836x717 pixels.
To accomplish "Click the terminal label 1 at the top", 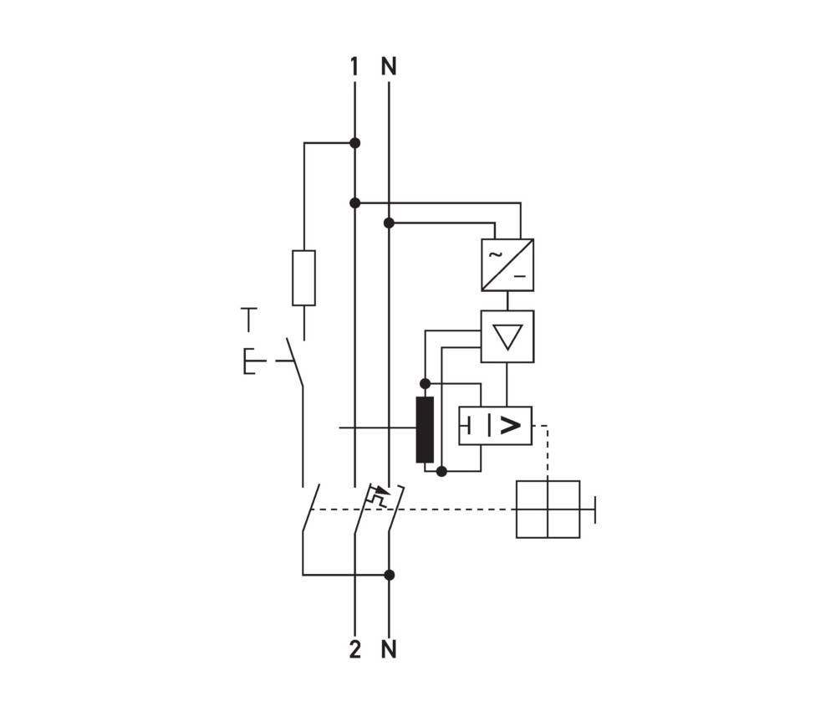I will (x=354, y=66).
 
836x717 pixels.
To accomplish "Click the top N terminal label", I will (x=389, y=66).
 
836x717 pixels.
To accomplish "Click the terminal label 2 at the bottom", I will (x=354, y=649).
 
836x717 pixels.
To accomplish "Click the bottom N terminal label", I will (x=389, y=649).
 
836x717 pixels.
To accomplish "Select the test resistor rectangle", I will (x=303, y=278).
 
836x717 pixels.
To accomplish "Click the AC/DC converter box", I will (x=507, y=265).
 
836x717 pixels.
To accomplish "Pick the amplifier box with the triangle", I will (x=507, y=336).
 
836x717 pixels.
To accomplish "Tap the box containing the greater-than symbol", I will (x=495, y=426).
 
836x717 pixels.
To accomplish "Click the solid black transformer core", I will (x=425, y=430).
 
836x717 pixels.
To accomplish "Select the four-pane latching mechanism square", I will (x=548, y=509).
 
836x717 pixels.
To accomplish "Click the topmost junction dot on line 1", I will (x=354, y=143).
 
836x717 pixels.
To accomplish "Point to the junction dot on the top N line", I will (x=389, y=223).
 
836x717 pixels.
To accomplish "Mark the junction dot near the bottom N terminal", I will (x=389, y=575).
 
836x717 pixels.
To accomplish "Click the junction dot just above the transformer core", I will (x=425, y=383).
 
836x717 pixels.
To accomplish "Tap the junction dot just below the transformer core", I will (x=441, y=471).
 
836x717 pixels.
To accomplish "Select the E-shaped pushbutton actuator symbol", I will (x=251, y=361).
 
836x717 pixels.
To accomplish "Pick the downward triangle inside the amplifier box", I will (x=507, y=336).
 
